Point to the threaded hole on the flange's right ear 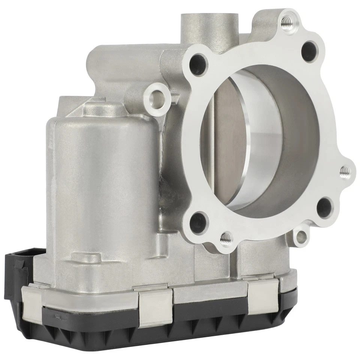344,172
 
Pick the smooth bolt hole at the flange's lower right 325,207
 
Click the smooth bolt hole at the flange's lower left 199,222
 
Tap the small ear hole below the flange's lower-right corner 301,237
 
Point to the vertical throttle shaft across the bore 212,142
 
